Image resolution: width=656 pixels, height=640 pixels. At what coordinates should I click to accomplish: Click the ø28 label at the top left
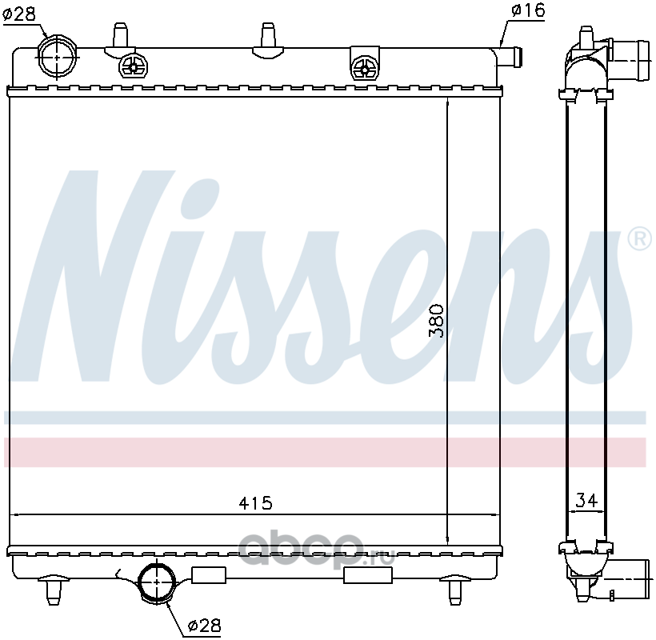(19, 14)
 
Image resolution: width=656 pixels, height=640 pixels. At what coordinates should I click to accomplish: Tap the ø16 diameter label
(528, 10)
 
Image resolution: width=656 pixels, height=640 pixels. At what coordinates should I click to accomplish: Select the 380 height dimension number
(435, 321)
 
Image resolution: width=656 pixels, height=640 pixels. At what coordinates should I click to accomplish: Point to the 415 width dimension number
(255, 503)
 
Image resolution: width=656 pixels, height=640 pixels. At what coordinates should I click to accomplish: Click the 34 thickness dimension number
(586, 500)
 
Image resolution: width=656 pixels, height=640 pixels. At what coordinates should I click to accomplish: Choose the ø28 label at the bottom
(204, 626)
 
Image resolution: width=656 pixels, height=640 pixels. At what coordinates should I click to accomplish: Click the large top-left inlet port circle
(58, 56)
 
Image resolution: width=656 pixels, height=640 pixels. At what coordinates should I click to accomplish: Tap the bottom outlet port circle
(157, 582)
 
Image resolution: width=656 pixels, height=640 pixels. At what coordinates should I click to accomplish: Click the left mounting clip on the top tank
(134, 66)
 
